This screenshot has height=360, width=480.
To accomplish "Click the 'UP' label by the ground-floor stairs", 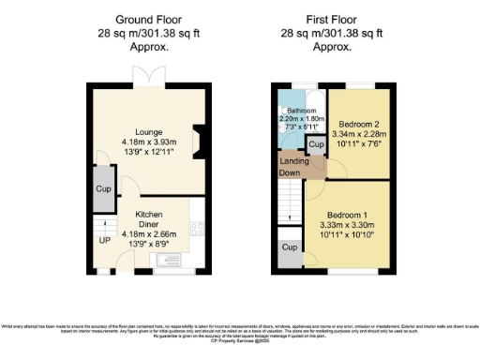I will pos(105,239).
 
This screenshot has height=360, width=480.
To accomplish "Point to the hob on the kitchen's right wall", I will pos(198,228).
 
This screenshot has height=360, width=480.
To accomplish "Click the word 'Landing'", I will pos(295,161).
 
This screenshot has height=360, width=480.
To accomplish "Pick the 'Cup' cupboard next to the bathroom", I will pos(317,145).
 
